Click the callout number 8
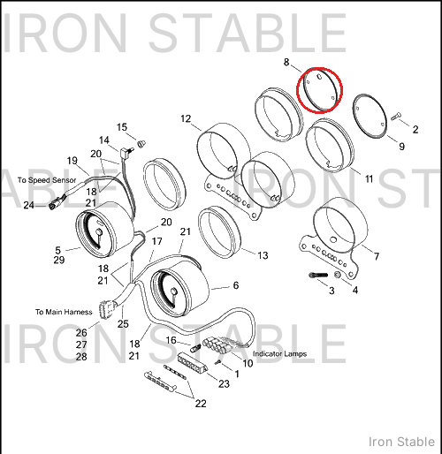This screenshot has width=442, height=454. point(286,62)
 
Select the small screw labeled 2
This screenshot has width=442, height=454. point(396,117)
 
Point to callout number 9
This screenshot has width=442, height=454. point(401,147)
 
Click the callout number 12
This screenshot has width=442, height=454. point(186,118)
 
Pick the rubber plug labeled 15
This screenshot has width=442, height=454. point(141,144)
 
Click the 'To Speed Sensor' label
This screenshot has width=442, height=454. point(47,180)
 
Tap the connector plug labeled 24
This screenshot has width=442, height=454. point(53,205)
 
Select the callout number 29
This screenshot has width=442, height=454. point(59,260)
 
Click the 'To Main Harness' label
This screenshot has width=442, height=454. point(64,312)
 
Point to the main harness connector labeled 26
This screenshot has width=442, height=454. point(105,310)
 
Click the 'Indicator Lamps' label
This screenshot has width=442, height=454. point(280,353)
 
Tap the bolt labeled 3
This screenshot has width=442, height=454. point(318,275)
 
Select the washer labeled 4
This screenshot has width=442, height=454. point(338,275)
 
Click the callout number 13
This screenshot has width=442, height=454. point(263,255)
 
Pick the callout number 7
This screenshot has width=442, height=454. point(377,256)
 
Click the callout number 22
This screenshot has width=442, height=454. point(201,404)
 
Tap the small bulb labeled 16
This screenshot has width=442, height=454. point(195,348)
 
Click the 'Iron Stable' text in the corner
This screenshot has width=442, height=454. point(401,442)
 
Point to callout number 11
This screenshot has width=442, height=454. point(370,178)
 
